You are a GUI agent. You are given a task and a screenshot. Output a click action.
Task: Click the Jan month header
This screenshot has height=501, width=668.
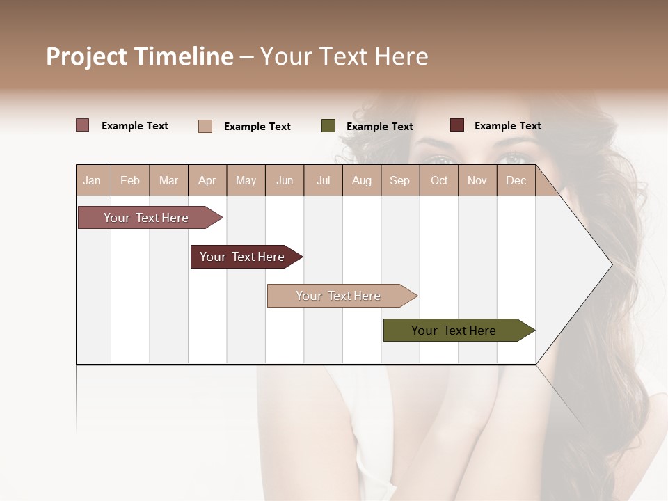click(92, 181)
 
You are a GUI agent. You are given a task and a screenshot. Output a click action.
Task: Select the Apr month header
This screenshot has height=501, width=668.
click(207, 181)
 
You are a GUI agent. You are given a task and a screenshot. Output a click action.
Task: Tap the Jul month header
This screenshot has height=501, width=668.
click(323, 181)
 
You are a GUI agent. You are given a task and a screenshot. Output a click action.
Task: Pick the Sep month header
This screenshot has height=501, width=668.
click(399, 181)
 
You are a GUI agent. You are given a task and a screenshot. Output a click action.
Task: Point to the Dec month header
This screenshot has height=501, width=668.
click(516, 181)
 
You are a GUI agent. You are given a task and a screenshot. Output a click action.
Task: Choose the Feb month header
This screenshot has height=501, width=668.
click(130, 181)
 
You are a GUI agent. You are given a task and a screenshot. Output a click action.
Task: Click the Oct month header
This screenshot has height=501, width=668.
click(439, 181)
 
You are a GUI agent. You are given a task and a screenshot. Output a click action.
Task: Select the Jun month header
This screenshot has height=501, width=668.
click(285, 181)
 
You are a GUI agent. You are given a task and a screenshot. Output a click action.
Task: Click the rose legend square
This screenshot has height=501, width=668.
click(82, 125)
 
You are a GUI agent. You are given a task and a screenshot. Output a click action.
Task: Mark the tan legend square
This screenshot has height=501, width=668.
click(205, 126)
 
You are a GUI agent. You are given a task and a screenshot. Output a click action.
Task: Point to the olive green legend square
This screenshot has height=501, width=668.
click(328, 126)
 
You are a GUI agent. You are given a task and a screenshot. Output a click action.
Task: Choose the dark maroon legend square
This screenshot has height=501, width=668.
click(456, 125)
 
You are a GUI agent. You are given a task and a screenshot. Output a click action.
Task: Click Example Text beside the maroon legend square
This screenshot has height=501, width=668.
click(507, 126)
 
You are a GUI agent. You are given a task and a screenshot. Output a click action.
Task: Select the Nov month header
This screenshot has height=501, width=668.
click(477, 181)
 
